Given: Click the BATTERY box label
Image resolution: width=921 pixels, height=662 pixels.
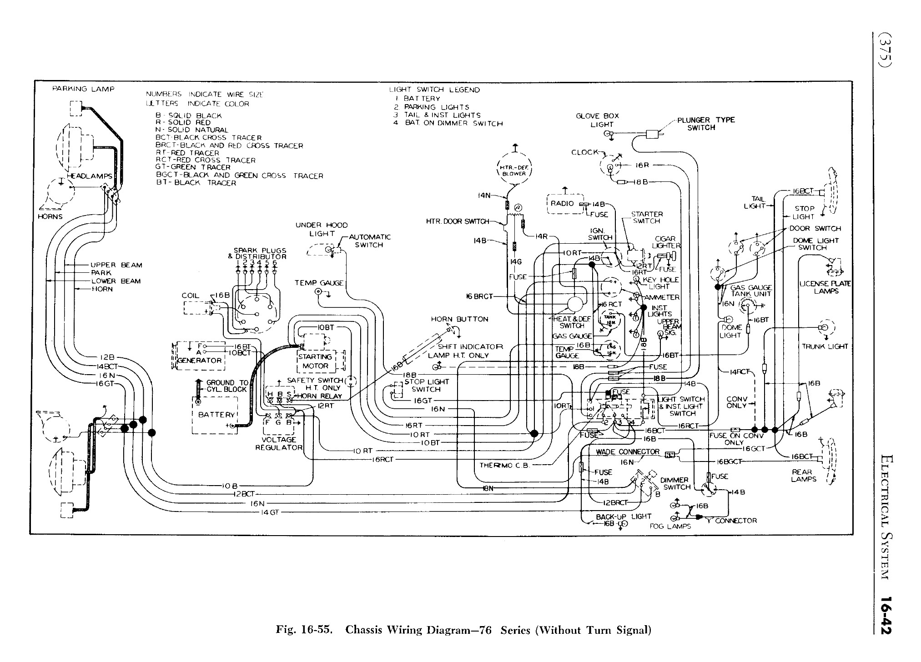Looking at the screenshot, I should tap(216, 415).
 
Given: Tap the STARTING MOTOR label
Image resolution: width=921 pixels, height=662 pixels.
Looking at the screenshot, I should tap(315, 361).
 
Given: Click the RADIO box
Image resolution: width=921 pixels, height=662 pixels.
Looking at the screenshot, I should tap(562, 204).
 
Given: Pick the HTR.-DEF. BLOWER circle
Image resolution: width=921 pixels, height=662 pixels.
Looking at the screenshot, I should tap(513, 171).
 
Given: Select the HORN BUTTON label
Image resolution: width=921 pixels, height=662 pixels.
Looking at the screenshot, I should tap(459, 319).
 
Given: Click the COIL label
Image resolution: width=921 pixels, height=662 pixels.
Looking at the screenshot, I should tap(190, 296).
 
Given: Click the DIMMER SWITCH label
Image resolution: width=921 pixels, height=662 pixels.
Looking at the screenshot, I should tap(675, 483).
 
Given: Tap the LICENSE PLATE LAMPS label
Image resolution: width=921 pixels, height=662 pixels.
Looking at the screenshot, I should tap(825, 287).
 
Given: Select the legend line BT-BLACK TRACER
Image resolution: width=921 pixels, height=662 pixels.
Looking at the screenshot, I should tap(196, 183).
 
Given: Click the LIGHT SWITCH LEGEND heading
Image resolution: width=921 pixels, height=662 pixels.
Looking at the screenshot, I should tap(434, 90).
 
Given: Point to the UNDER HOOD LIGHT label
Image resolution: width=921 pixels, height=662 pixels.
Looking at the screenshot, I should tap(321, 229).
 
